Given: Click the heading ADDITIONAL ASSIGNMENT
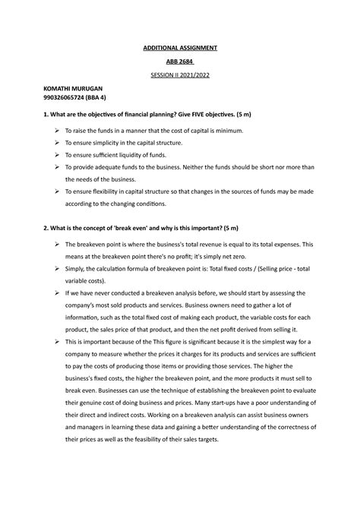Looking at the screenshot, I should tap(180, 48).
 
